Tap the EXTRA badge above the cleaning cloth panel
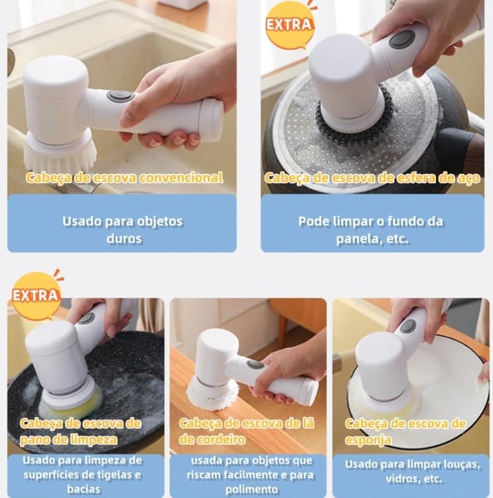pyautogui.click(x=36, y=295)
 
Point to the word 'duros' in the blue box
pyautogui.click(x=124, y=238)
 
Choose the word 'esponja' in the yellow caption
pyautogui.click(x=368, y=440)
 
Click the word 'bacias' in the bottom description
pyautogui.click(x=84, y=489)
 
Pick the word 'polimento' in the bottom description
pyautogui.click(x=251, y=489)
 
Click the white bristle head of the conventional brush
pyautogui.click(x=60, y=154)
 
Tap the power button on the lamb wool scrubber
pyautogui.click(x=256, y=365)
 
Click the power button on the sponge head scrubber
pyautogui.click(x=408, y=327)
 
